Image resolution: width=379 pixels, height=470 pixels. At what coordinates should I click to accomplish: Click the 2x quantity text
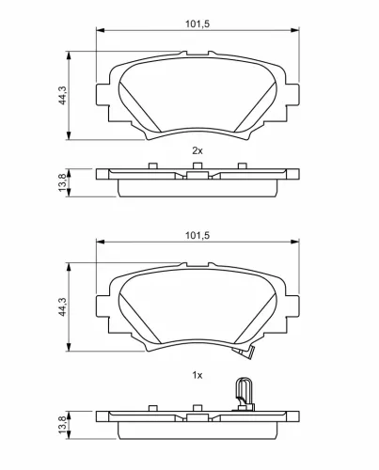197,150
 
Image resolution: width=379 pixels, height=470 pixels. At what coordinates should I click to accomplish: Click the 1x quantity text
197,375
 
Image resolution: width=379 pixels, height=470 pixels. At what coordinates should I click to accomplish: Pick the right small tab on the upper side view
243,168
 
